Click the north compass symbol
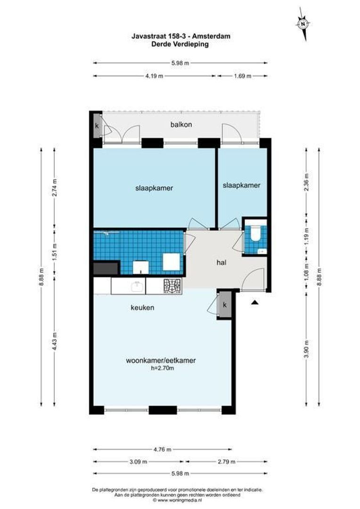pos(303,22)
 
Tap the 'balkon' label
pos(181,125)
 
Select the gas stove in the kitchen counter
pos(172,285)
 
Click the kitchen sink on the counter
pos(137,286)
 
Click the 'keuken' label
pos(142,308)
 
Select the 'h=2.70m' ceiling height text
pos(160,369)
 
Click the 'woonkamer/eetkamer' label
pos(161,361)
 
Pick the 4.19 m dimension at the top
pos(154,76)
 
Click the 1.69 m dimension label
pos(242,76)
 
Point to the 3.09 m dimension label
pos(138,461)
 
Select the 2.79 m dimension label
pos(224,461)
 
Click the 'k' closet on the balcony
pos(97,126)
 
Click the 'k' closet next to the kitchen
pos(225,305)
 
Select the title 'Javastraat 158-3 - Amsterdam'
pos(180,36)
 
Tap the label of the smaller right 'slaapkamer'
pos(241,185)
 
